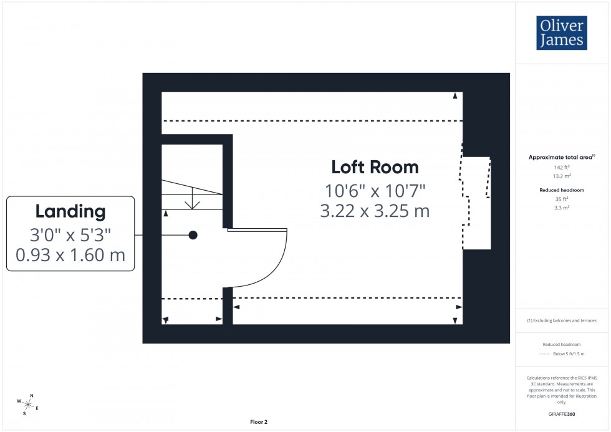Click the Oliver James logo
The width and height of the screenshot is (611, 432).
point(561,33)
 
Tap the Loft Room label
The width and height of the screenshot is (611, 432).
point(375,167)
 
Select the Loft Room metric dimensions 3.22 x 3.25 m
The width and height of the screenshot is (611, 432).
point(375,211)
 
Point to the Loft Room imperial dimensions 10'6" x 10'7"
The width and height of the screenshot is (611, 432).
point(375,190)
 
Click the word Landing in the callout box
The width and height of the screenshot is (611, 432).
point(70,211)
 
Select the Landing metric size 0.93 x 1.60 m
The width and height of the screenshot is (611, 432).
point(70,254)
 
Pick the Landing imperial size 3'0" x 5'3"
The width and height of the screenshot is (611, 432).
point(70,234)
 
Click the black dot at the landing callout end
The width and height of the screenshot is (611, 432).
point(193,235)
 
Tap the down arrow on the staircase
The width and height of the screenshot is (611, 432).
point(193,202)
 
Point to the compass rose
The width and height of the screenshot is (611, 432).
point(28,404)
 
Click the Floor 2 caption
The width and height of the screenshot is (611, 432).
point(258,422)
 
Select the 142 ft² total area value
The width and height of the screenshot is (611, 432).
point(562,168)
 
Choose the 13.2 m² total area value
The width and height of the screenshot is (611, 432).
point(562,176)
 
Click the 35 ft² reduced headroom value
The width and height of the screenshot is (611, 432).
point(562,199)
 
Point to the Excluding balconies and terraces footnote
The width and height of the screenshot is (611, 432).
point(562,320)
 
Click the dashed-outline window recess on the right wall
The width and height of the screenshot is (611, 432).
point(476,203)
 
